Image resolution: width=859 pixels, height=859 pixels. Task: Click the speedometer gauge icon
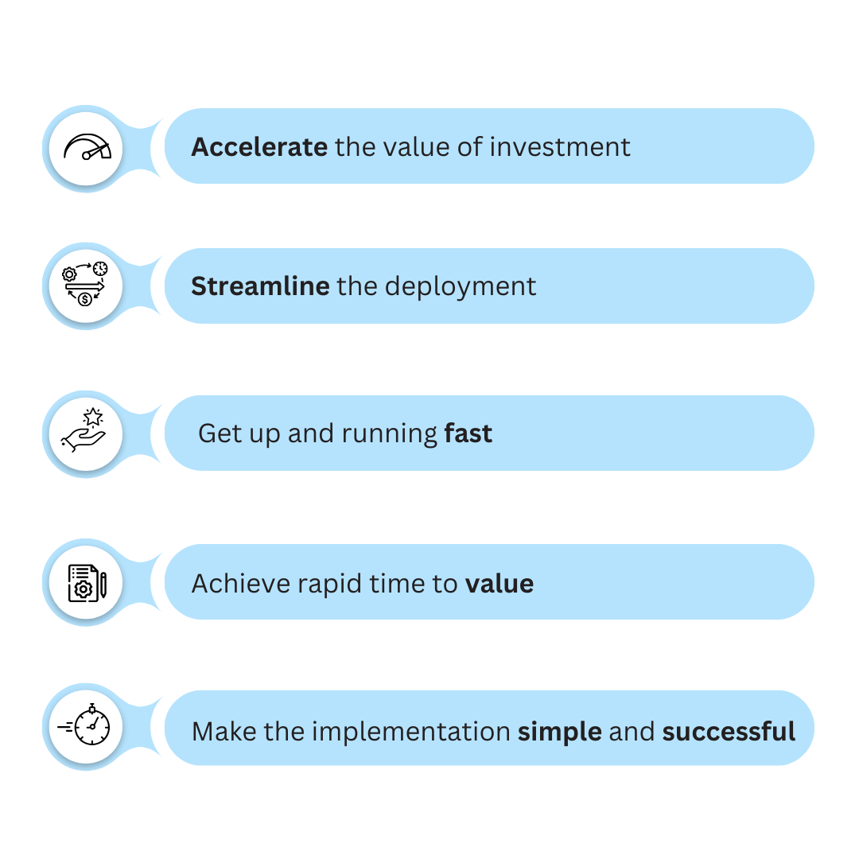point(87,147)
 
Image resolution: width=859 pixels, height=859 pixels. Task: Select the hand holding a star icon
point(84,430)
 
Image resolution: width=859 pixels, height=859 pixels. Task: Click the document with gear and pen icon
point(87,583)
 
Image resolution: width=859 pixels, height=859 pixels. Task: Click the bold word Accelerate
point(259,147)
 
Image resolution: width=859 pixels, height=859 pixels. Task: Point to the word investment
point(560,147)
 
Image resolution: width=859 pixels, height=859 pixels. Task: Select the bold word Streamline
point(260,286)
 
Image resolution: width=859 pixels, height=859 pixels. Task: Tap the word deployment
point(461,287)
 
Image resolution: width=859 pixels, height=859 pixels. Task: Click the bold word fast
point(468,433)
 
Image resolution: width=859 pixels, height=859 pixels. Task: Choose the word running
point(390,434)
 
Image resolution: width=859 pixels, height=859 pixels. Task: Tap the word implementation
point(411,733)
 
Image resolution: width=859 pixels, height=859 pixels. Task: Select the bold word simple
point(560,733)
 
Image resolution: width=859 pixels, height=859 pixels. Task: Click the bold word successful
point(729,732)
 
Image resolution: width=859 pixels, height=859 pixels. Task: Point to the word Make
point(224,732)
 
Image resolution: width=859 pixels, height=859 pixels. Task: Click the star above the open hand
point(93,417)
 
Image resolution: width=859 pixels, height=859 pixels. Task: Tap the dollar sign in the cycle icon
point(85,299)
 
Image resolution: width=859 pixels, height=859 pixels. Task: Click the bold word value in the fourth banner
point(499,584)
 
